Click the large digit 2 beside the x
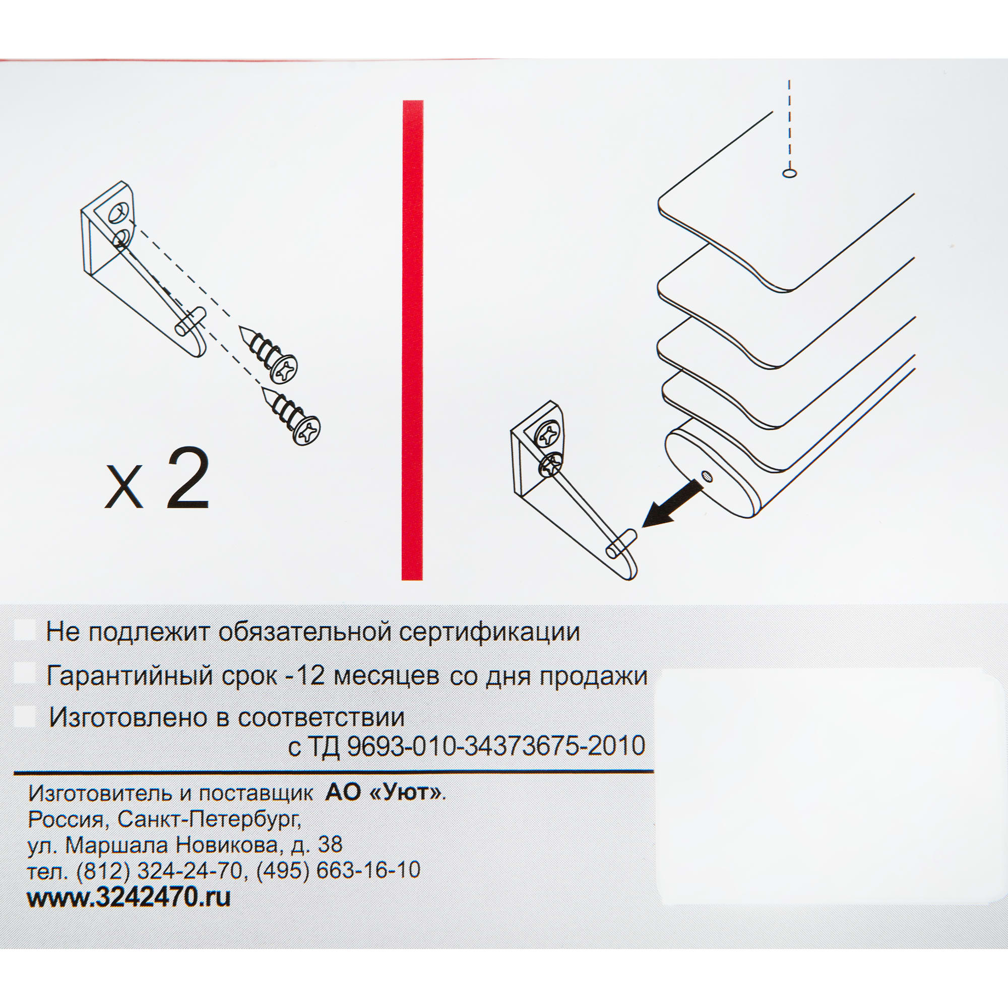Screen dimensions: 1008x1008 (x=188, y=478)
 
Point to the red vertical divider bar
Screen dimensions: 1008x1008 (x=412, y=339)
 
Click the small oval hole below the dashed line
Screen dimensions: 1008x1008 (x=789, y=173)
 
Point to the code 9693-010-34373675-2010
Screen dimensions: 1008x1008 (x=496, y=746)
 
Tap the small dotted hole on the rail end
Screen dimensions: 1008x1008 (x=707, y=476)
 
